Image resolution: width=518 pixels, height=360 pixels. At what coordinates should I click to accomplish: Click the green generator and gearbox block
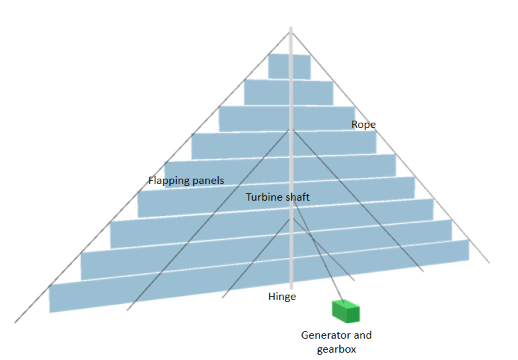(345, 311)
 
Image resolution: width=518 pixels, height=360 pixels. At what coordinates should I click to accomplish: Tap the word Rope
(363, 125)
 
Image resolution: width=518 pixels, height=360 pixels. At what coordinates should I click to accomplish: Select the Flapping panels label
(186, 180)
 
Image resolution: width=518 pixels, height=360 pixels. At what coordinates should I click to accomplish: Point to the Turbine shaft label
(277, 197)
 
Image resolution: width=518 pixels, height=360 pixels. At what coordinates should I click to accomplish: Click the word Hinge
(281, 297)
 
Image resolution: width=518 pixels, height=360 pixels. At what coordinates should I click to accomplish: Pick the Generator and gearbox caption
(336, 342)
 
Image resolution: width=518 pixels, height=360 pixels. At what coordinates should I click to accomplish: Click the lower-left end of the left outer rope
(15, 322)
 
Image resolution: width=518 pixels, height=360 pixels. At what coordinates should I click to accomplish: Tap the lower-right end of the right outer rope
(489, 262)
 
